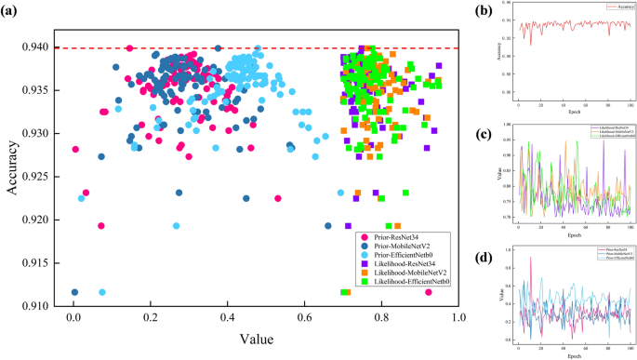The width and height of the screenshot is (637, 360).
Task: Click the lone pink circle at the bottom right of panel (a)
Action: [429, 292]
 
